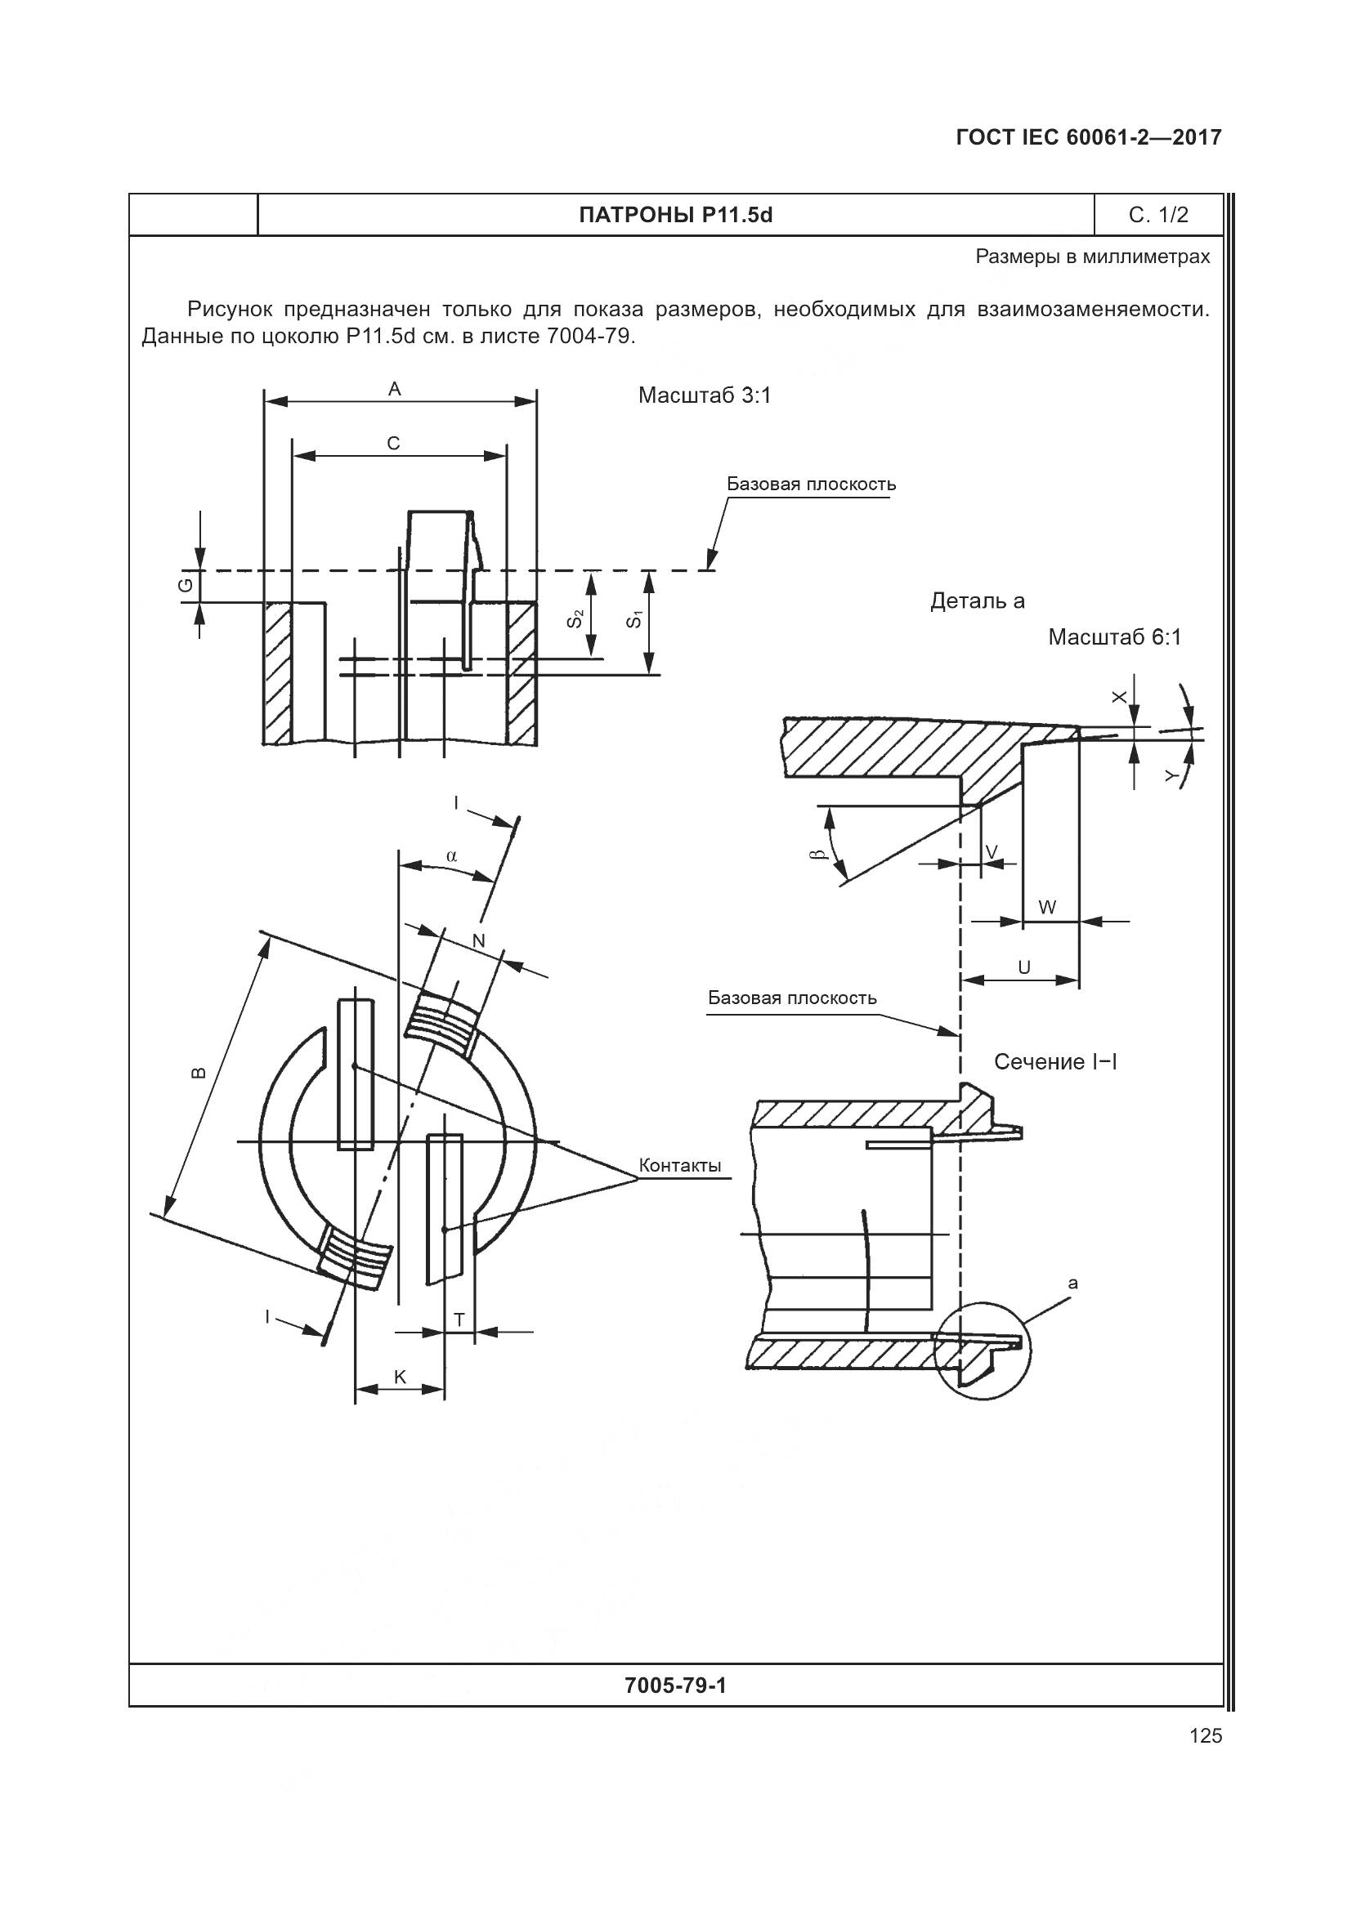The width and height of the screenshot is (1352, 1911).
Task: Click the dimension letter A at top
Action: click(395, 389)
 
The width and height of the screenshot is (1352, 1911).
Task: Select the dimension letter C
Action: click(394, 444)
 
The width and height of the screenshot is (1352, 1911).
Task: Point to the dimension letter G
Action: click(186, 585)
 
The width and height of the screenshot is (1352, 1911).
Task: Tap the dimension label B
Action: click(197, 1072)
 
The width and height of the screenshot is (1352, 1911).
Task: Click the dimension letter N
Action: click(479, 941)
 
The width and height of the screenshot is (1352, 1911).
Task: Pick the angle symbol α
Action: click(451, 855)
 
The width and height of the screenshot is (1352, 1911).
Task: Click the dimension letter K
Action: click(400, 1377)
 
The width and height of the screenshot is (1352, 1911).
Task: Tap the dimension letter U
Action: click(1024, 967)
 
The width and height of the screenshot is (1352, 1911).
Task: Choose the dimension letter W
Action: click(1048, 907)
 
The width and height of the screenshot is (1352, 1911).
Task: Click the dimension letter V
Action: click(991, 851)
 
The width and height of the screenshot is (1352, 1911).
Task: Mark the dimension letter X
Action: click(1120, 697)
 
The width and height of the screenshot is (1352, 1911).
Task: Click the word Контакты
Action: click(679, 1165)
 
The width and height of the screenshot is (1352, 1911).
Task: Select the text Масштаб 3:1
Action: click(705, 395)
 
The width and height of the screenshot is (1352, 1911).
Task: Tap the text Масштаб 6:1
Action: click(1114, 637)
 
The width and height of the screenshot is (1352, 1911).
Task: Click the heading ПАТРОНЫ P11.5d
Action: click(675, 216)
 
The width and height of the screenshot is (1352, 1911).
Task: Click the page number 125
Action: click(1206, 1735)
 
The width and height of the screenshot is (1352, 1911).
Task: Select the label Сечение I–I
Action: click(1054, 1062)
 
